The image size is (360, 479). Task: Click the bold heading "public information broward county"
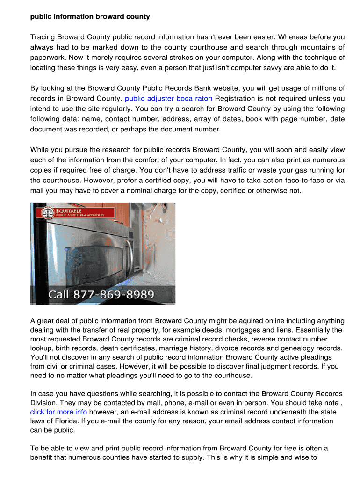click(90, 17)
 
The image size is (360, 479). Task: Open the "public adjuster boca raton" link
click(168, 99)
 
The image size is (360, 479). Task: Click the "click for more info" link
click(58, 412)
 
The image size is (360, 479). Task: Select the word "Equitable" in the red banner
click(69, 211)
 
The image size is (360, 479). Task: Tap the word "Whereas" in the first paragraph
click(246, 37)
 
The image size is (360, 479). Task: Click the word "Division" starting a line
click(44, 403)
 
